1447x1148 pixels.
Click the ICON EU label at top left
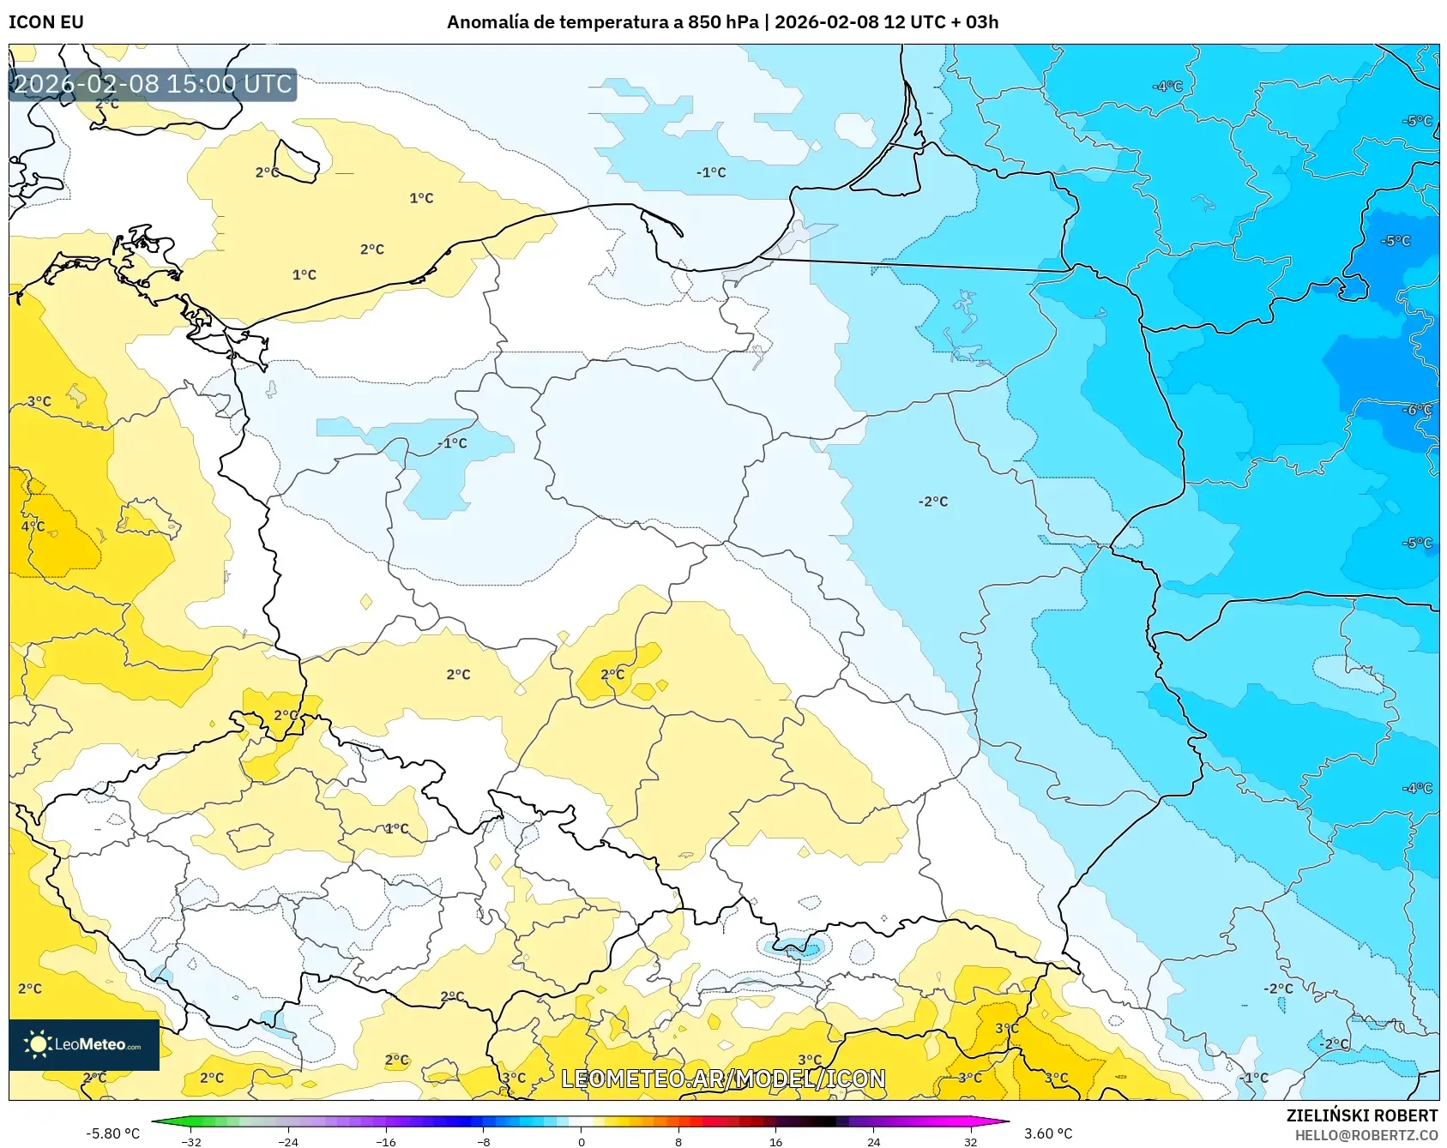[x=46, y=22]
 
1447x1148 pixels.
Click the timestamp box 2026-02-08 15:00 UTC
[x=153, y=84]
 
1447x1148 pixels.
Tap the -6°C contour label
[x=1417, y=410]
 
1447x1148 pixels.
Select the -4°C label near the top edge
[x=1167, y=87]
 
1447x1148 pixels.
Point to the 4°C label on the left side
[x=33, y=526]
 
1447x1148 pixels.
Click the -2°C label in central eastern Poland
[x=933, y=502]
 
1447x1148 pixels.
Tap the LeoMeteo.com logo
[x=84, y=1044]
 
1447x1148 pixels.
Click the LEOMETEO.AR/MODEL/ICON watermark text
[x=723, y=1079]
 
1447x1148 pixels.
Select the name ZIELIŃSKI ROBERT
[x=1362, y=1115]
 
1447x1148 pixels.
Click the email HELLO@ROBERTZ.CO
[x=1366, y=1135]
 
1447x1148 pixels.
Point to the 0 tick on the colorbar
[x=582, y=1141]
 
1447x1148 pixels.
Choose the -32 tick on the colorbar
[x=192, y=1141]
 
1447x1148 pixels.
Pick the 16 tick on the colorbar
[x=776, y=1141]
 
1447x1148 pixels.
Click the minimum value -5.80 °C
[x=112, y=1133]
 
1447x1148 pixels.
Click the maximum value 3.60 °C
[x=1048, y=1133]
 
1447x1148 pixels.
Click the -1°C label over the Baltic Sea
[x=711, y=172]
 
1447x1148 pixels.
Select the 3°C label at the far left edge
[x=39, y=401]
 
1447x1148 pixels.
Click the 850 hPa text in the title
[x=723, y=22]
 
